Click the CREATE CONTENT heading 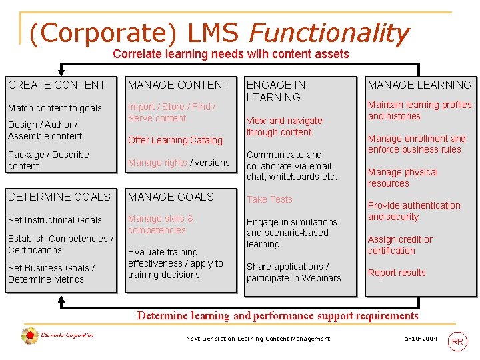(57, 85)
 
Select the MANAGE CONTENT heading (178, 85)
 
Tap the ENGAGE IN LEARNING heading (276, 91)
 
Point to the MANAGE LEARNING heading (419, 85)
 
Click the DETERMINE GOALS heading (59, 197)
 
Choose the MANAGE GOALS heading (171, 197)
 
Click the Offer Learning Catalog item (175, 140)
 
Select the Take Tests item (269, 199)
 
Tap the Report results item (397, 273)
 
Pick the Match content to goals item (55, 108)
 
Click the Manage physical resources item (403, 177)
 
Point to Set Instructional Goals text (55, 220)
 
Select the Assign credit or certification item (400, 245)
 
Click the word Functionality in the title (329, 33)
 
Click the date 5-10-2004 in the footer (421, 339)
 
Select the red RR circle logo (457, 341)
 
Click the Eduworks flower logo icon (29, 336)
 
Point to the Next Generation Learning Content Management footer (258, 339)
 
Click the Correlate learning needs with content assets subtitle (231, 54)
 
